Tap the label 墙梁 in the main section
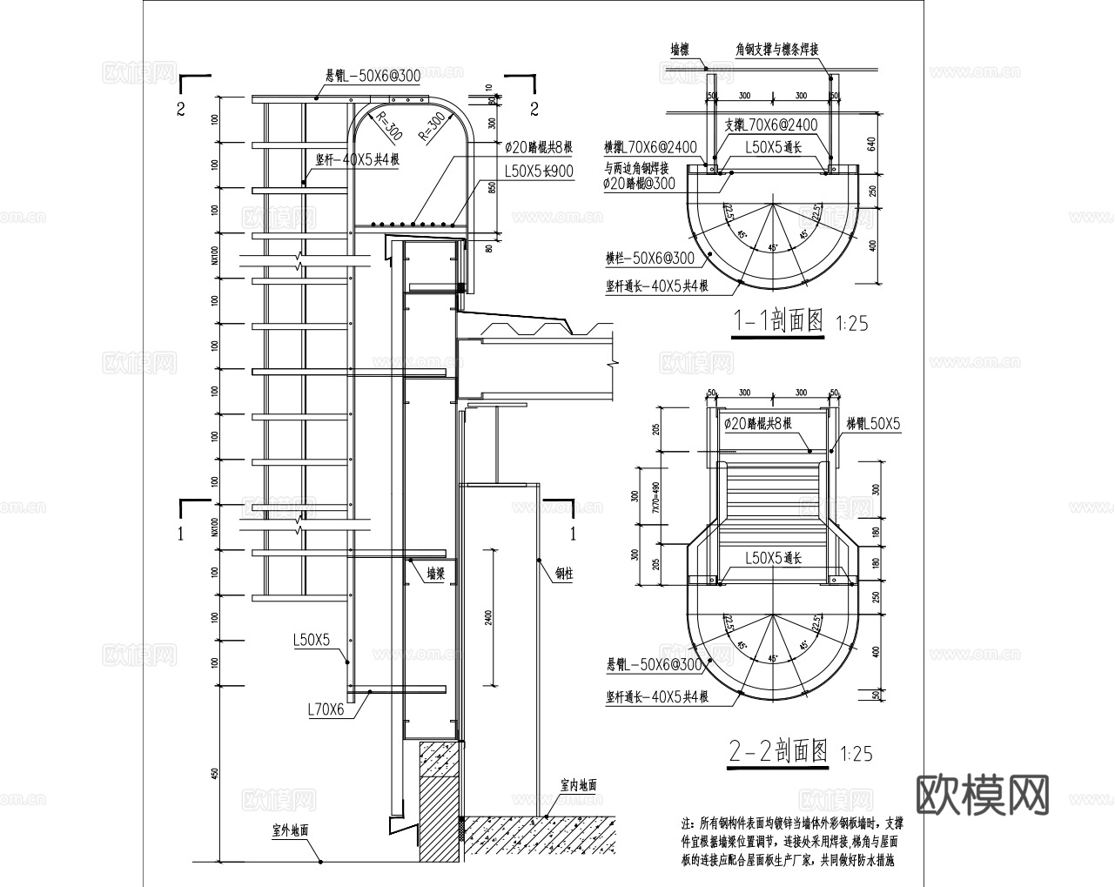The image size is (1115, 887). (x=435, y=574)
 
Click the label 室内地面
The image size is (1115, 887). (x=579, y=784)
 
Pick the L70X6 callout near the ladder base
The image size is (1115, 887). (x=326, y=709)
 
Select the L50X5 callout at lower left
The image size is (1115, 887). (x=312, y=640)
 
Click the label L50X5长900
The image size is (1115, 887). (x=539, y=171)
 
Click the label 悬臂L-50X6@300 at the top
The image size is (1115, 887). (x=372, y=77)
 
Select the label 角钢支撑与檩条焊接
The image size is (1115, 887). (x=776, y=50)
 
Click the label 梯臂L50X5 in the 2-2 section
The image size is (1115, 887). (x=873, y=424)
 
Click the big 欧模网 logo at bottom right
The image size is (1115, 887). (x=984, y=793)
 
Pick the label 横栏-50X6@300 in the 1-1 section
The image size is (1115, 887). (x=649, y=259)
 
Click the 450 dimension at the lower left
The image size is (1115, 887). (x=215, y=772)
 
